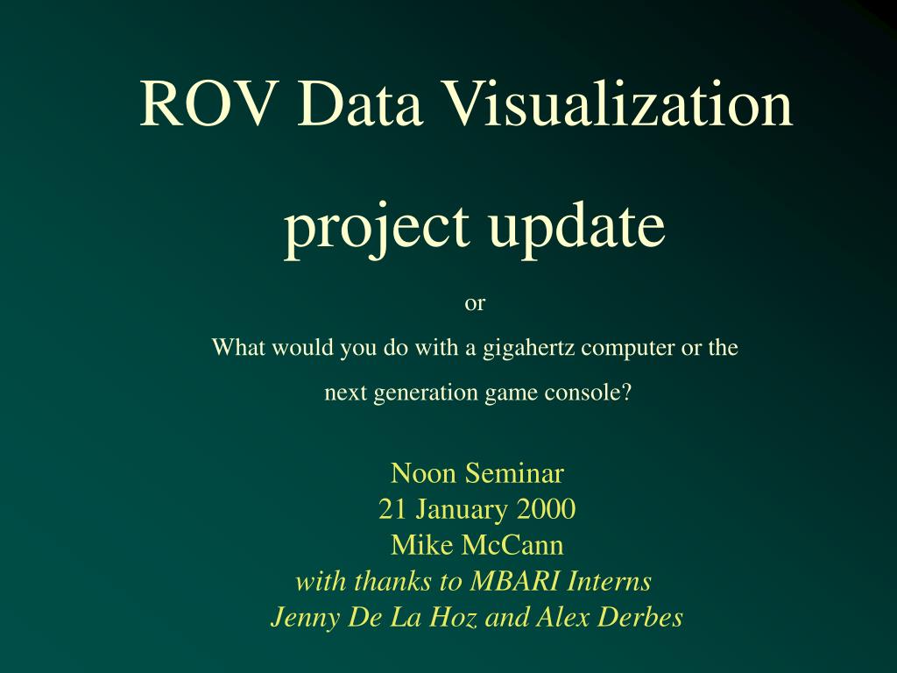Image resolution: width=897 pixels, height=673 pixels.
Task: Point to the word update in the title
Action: click(x=576, y=227)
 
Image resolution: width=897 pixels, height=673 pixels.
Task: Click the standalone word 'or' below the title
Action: click(x=474, y=304)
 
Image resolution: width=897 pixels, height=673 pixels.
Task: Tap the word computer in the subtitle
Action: click(x=629, y=348)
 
